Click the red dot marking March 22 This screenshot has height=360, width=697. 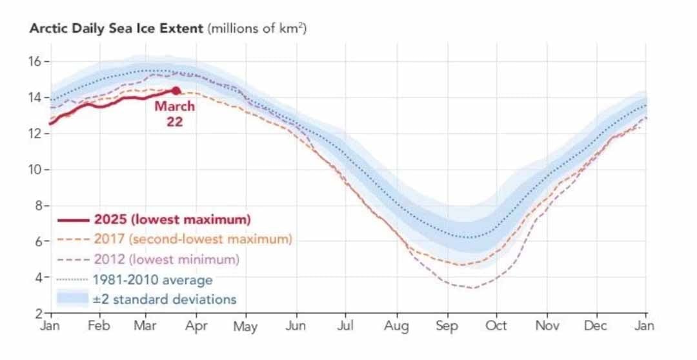(176, 91)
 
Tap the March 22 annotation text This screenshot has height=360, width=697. (174, 114)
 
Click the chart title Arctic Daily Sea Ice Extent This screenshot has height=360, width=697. (117, 29)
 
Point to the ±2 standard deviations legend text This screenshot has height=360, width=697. (164, 299)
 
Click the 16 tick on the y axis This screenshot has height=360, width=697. (34, 61)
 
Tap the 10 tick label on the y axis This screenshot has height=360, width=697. (34, 170)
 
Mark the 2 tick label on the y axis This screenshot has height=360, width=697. (37, 314)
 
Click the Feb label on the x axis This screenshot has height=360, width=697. (98, 326)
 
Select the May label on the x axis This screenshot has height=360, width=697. (245, 327)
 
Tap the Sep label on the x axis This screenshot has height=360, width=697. (447, 327)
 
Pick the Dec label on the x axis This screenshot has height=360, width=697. (595, 326)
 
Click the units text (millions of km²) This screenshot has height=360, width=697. (256, 29)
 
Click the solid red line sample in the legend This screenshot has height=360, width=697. (72, 219)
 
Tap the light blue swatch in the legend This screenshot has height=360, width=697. (72, 299)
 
